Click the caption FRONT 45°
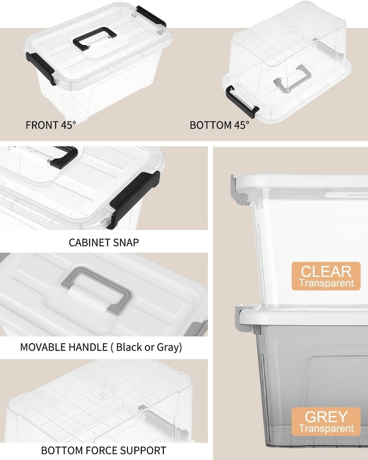tap(50, 125)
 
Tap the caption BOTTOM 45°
tap(219, 125)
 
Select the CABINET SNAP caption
tap(103, 242)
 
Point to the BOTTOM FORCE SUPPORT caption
tap(103, 450)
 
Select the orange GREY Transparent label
tap(326, 422)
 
